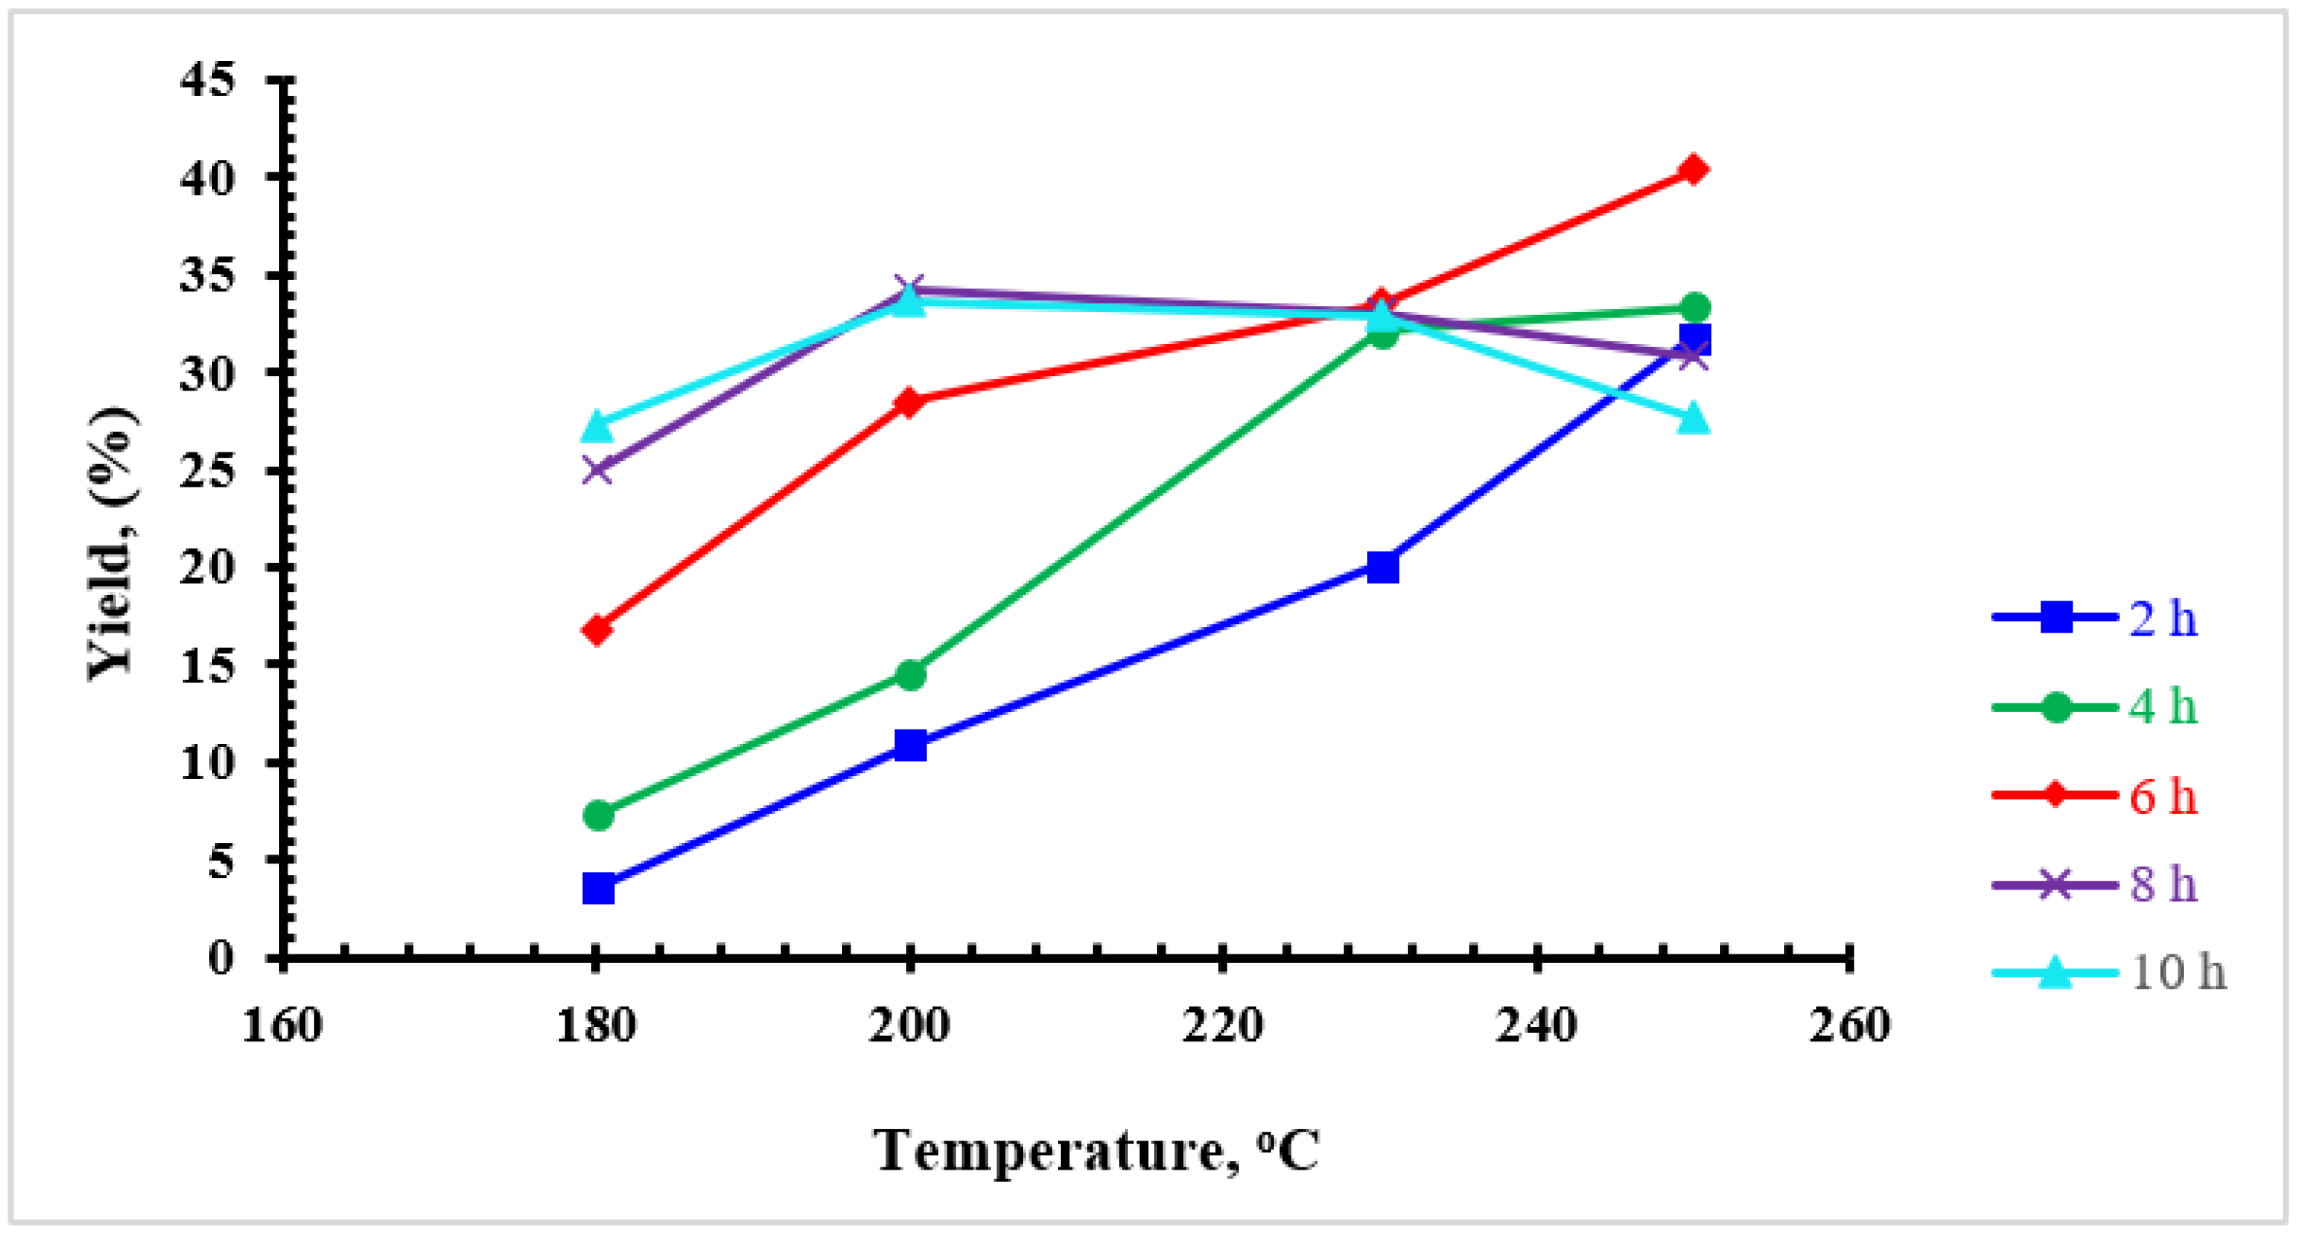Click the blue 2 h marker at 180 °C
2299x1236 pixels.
(x=598, y=889)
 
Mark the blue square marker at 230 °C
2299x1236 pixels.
(x=1381, y=566)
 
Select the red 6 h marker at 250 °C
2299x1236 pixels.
(x=1693, y=169)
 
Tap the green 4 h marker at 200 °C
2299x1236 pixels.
(x=910, y=674)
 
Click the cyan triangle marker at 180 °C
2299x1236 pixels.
(x=598, y=426)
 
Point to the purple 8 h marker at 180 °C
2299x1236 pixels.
(x=598, y=468)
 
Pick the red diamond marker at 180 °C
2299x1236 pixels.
(x=597, y=630)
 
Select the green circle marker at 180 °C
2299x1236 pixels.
(x=598, y=815)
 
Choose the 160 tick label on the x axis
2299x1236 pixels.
(x=283, y=1025)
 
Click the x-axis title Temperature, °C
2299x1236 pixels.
(x=1096, y=1151)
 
